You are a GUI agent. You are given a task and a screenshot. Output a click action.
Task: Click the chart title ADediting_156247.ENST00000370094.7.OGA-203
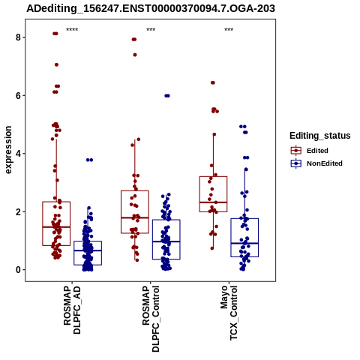(151, 8)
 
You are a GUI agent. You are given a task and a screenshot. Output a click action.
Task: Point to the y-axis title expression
(8, 150)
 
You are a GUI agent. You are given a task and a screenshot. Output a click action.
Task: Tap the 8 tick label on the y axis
(18, 37)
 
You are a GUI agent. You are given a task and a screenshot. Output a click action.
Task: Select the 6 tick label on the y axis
(18, 95)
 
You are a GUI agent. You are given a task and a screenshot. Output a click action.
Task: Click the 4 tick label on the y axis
(18, 154)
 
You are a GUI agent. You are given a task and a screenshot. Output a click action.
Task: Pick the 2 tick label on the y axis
(18, 211)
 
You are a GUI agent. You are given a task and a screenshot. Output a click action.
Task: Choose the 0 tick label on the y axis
(18, 270)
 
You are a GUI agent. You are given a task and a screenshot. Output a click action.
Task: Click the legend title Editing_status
(319, 136)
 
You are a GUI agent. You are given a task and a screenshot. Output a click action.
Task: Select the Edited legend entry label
(317, 151)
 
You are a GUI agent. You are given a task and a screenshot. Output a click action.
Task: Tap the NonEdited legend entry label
(325, 163)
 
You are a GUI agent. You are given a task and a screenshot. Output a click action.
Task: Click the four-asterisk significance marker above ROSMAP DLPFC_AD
(72, 30)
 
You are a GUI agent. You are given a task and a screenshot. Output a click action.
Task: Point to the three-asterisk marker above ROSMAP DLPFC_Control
(151, 30)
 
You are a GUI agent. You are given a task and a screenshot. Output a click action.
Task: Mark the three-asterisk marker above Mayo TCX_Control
(229, 30)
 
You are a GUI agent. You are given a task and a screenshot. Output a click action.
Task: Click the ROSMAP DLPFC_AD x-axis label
(72, 310)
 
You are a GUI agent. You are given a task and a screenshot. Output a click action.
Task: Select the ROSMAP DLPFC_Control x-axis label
(151, 319)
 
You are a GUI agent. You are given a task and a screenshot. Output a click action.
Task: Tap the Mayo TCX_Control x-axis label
(229, 313)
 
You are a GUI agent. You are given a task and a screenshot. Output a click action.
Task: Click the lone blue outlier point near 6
(167, 96)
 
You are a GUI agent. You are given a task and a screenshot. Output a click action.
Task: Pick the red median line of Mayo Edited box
(213, 202)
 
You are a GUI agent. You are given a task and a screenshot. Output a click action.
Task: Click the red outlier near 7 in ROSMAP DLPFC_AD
(56, 64)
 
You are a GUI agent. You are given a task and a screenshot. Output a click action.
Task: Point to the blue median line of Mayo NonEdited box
(244, 243)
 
